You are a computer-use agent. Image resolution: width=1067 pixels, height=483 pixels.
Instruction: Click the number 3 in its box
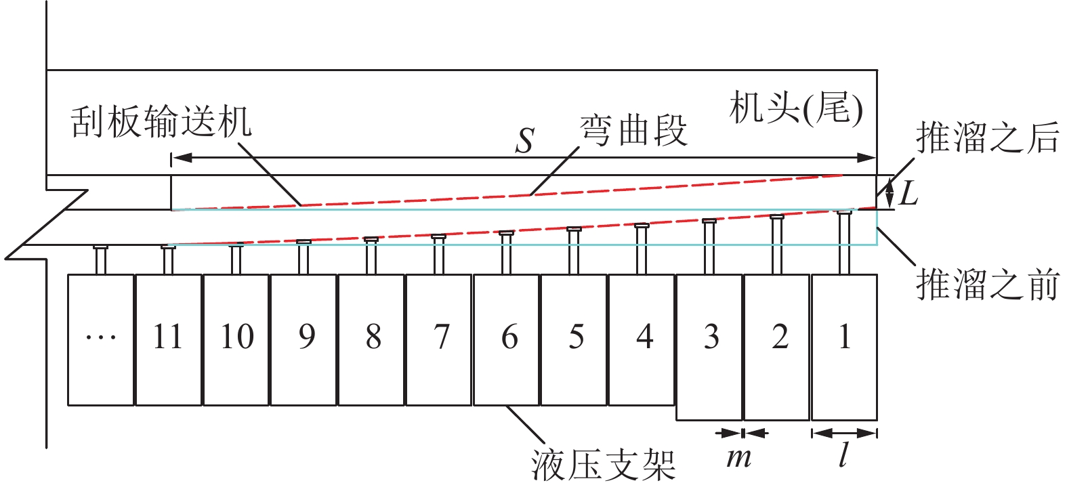coord(711,337)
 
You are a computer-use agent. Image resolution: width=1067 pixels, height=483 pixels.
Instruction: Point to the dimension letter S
coord(525,141)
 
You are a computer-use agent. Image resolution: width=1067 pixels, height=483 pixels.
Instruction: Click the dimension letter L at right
coord(908,194)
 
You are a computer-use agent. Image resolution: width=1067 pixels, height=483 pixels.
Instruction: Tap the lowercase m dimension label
coord(739,459)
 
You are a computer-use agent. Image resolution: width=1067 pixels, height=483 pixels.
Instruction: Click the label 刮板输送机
coord(161,123)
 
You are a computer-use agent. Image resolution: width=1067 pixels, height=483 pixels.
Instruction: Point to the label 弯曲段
coord(633,131)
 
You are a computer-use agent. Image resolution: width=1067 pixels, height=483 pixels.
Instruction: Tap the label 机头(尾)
coord(796,108)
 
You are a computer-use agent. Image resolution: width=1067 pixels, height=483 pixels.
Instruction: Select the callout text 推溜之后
coord(987,138)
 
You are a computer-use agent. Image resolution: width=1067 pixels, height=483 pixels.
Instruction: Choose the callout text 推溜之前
coord(987,284)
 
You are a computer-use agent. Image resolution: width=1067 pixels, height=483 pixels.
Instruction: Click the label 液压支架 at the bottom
coord(603,465)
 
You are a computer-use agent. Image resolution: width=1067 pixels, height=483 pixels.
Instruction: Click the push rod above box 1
coord(844,243)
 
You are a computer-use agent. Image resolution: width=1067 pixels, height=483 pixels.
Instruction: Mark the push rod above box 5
coord(574,251)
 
